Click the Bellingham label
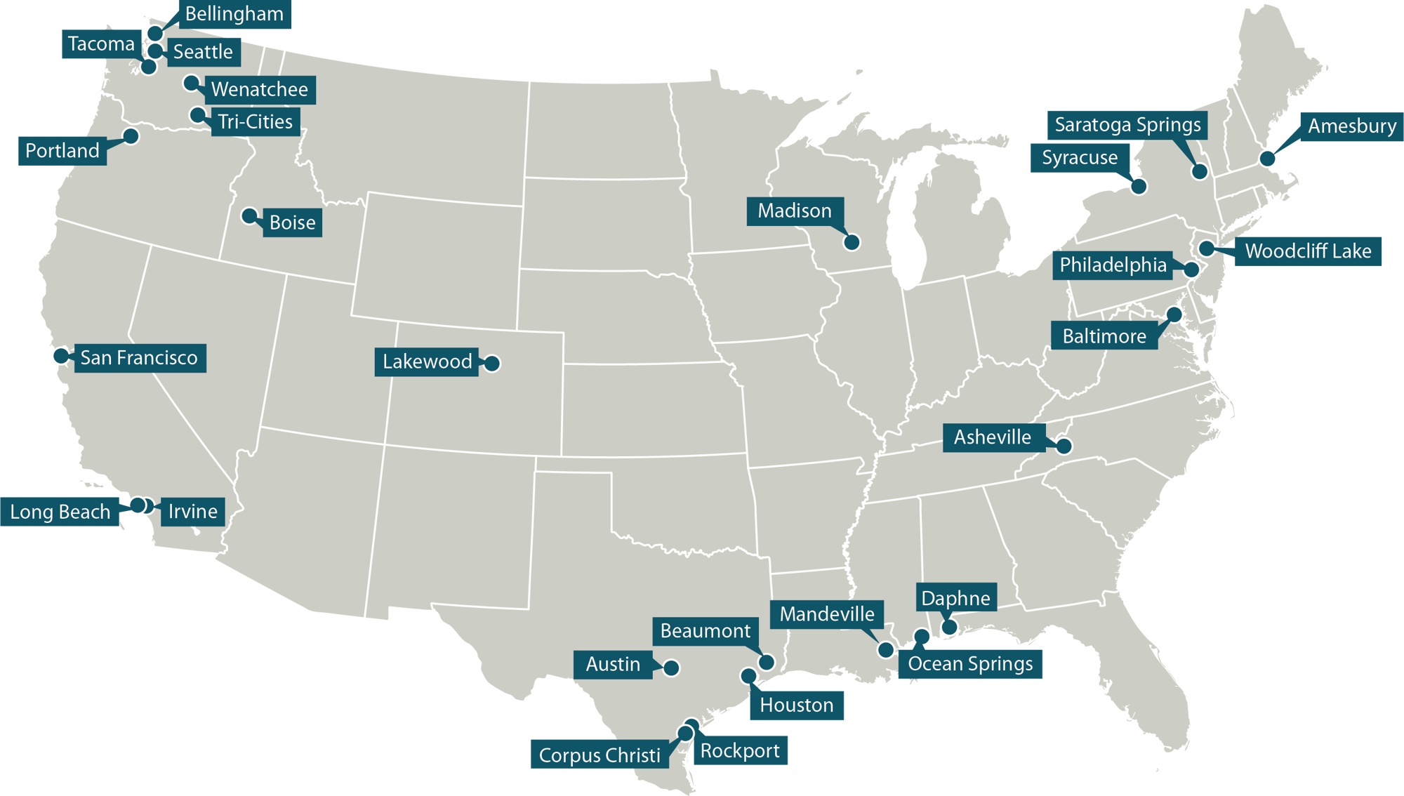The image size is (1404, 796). click(234, 14)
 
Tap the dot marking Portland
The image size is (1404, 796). click(131, 135)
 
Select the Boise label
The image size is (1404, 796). click(292, 223)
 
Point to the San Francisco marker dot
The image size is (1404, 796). click(61, 355)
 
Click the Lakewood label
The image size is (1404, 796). click(427, 361)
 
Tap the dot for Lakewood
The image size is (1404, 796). click(492, 363)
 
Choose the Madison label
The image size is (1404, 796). click(795, 211)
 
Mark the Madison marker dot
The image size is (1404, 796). click(852, 242)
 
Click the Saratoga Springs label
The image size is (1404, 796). click(1127, 125)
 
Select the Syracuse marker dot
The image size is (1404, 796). click(1139, 186)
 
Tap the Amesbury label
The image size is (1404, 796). click(1351, 126)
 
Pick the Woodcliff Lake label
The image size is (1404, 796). click(1308, 251)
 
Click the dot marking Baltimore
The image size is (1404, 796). click(1174, 314)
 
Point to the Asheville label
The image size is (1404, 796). click(993, 437)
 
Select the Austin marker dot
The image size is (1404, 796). click(671, 668)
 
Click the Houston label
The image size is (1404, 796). click(797, 705)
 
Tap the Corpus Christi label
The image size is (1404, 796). click(600, 755)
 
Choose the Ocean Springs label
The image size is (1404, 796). click(970, 664)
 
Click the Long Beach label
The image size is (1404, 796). click(60, 512)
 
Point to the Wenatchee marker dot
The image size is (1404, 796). click(191, 83)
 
